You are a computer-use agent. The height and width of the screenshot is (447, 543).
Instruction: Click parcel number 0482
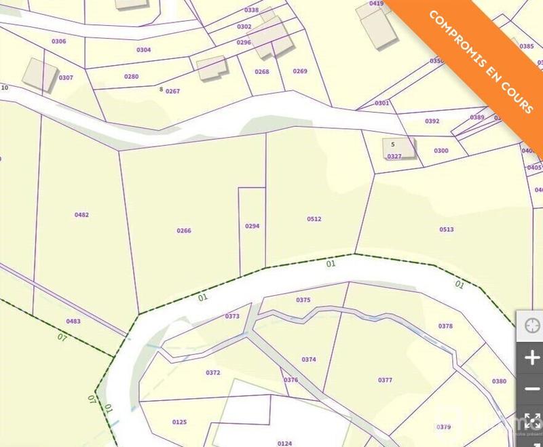[81, 215]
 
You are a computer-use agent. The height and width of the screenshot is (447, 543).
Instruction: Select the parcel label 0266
[184, 231]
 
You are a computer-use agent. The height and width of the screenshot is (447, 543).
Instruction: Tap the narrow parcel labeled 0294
[252, 226]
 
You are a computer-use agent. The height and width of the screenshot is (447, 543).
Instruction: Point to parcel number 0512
[314, 219]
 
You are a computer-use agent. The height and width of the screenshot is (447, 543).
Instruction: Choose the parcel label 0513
[446, 229]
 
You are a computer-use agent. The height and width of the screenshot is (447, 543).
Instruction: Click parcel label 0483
[73, 321]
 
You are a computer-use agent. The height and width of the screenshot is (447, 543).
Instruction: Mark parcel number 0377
[385, 381]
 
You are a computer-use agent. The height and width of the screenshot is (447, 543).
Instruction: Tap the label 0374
[308, 359]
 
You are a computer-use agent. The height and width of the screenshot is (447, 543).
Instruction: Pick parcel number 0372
[212, 372]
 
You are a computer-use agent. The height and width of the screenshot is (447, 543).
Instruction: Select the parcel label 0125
[179, 422]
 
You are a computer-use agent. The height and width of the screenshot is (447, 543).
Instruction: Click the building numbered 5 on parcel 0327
[398, 147]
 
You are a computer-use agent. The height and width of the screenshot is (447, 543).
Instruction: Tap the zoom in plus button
[531, 358]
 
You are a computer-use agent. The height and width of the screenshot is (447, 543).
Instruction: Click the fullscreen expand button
[531, 421]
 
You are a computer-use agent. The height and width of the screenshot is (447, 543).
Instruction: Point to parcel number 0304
[143, 50]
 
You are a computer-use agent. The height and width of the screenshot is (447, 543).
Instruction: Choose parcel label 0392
[432, 121]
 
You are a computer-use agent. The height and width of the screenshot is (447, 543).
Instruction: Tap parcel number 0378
[445, 326]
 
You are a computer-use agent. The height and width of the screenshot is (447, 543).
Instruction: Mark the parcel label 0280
[131, 77]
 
